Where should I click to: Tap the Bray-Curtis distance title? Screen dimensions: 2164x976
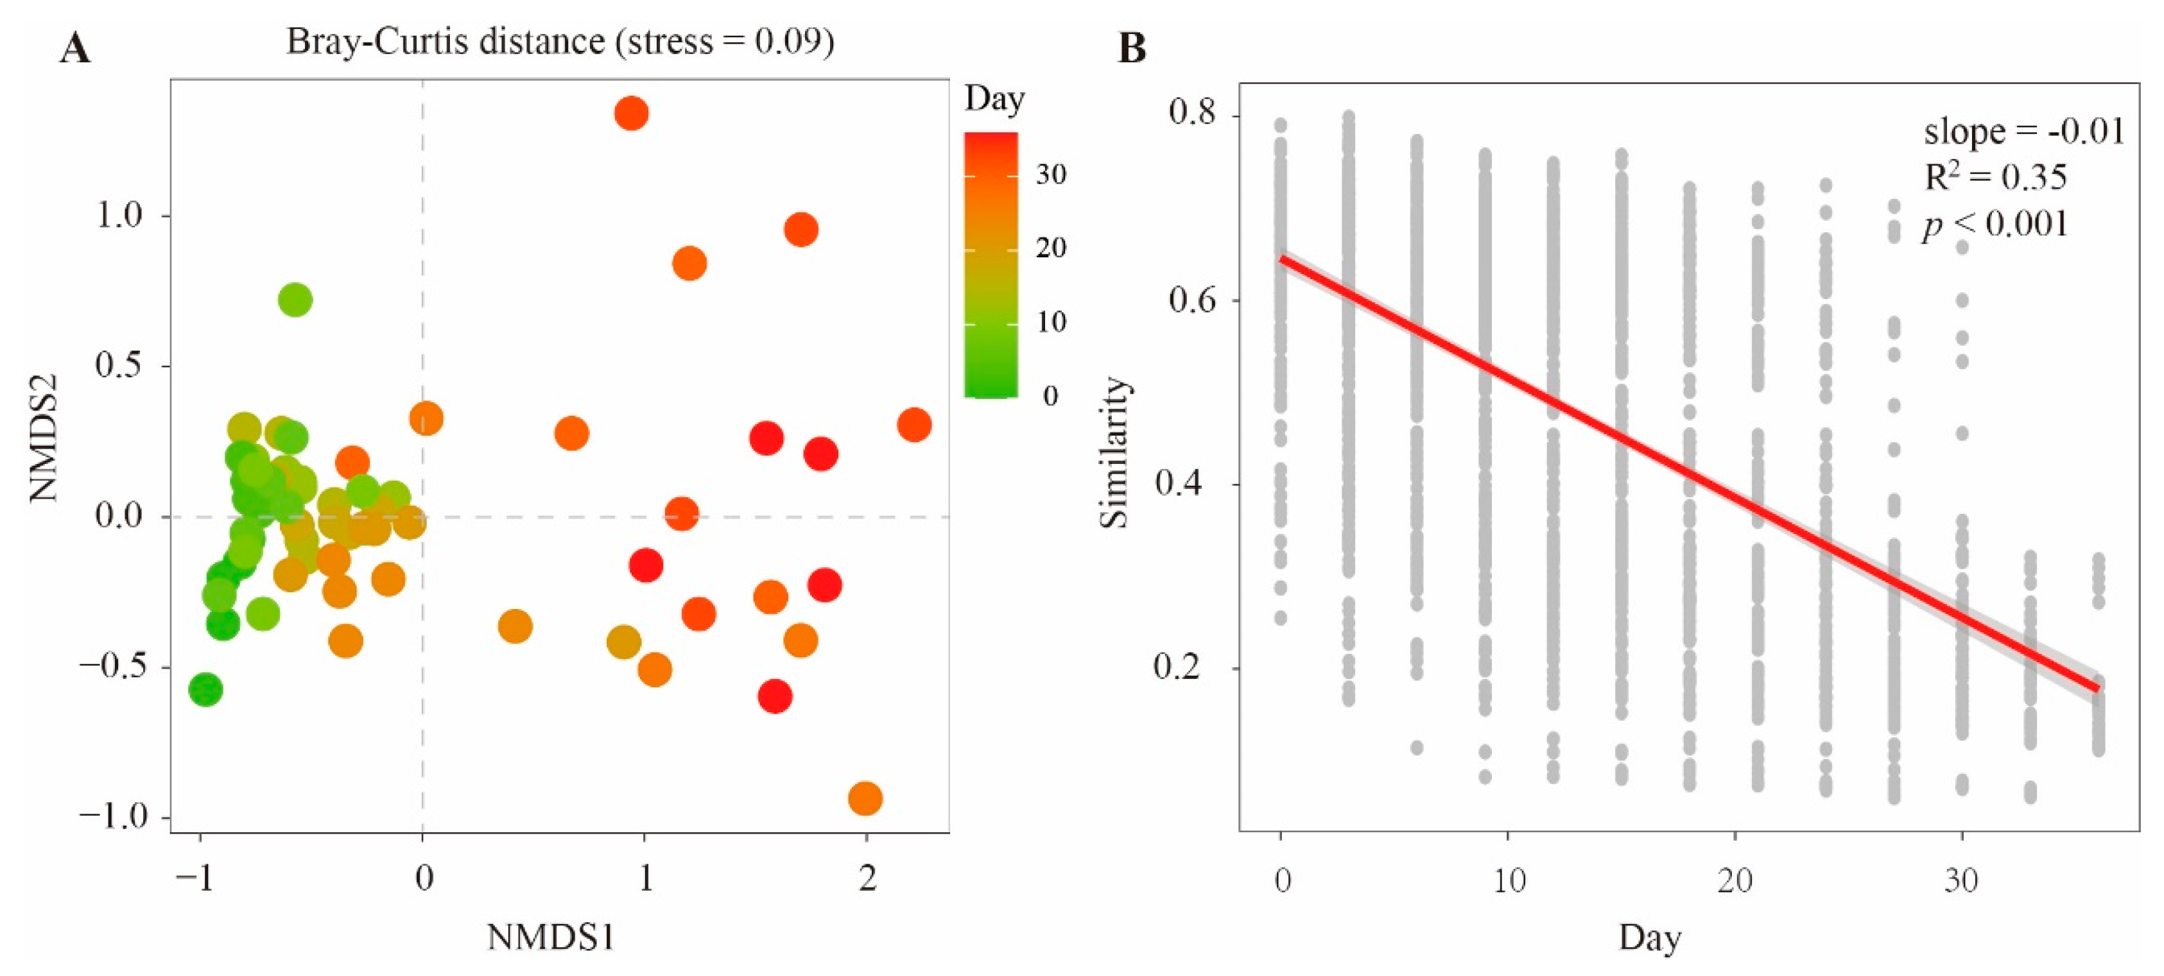coord(560,40)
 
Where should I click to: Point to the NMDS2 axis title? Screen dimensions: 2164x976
coord(44,438)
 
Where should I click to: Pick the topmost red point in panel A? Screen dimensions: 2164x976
coord(631,112)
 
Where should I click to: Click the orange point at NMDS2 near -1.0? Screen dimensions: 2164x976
coord(865,798)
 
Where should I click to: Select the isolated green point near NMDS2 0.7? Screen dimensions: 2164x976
coord(295,300)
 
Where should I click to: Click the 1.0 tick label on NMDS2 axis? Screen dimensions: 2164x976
coord(119,216)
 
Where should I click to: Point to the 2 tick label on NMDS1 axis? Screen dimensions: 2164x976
coord(867,879)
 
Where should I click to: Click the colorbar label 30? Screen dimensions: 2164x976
coord(1051,174)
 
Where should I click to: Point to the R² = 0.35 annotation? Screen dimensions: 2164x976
coord(1996,176)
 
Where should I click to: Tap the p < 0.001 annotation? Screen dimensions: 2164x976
coord(1996,224)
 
